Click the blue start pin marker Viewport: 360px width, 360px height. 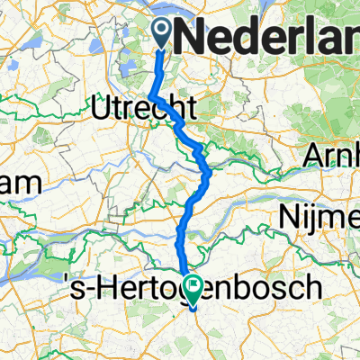163,34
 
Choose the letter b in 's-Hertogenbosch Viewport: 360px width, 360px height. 238,290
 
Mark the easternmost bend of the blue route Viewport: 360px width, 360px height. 210,170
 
